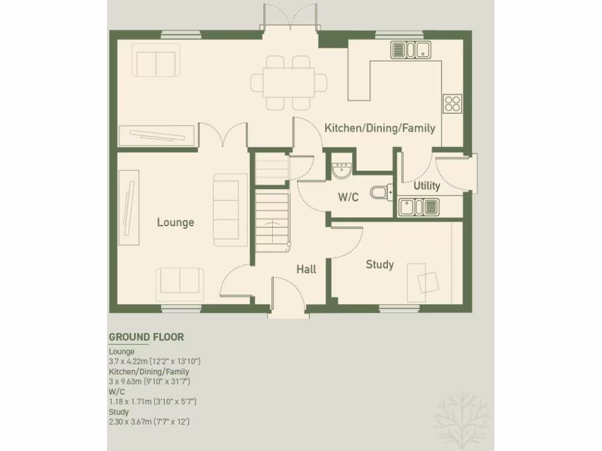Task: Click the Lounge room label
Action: [x=175, y=223]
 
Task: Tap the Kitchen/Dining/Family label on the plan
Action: [x=380, y=127]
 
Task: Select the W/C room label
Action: [x=348, y=197]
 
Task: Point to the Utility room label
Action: [x=427, y=186]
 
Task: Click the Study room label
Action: [x=379, y=264]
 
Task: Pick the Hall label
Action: [x=306, y=269]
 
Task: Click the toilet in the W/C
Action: [x=380, y=192]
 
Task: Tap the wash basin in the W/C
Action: [x=341, y=170]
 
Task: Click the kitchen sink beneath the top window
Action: [x=410, y=50]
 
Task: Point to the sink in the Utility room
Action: [x=418, y=207]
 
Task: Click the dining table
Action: [x=288, y=82]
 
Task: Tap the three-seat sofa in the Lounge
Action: [x=230, y=210]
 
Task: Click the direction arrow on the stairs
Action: [x=272, y=223]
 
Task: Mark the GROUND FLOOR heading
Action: [x=146, y=337]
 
